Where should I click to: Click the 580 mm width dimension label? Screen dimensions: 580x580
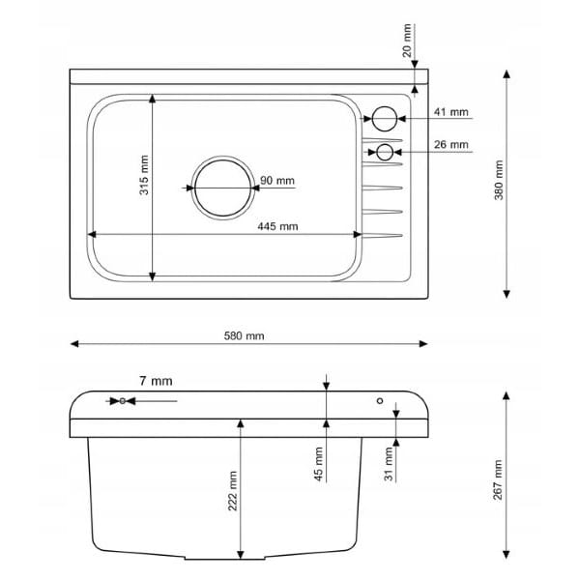click(x=245, y=335)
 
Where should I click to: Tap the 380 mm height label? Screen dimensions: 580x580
click(x=499, y=180)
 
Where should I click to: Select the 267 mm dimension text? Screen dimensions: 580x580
click(x=498, y=479)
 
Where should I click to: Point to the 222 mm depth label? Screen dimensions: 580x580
click(x=232, y=491)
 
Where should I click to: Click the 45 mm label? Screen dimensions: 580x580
click(x=318, y=464)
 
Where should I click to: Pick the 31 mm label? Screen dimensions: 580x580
click(x=389, y=464)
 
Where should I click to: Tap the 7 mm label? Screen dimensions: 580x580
click(x=156, y=381)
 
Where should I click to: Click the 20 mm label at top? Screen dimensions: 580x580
click(x=407, y=41)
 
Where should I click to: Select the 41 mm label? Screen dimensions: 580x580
click(x=450, y=112)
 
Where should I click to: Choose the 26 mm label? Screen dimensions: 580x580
click(x=450, y=144)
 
